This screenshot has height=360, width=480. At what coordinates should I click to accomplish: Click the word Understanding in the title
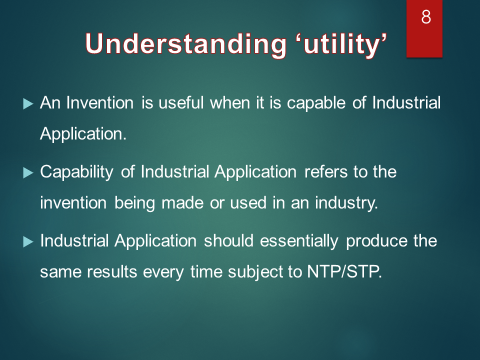pyautogui.click(x=186, y=44)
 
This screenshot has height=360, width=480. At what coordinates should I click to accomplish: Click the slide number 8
pyautogui.click(x=426, y=17)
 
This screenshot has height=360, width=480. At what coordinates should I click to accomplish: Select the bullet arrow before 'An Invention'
pyautogui.click(x=28, y=104)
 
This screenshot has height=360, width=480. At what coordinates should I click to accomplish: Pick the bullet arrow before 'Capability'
pyautogui.click(x=28, y=173)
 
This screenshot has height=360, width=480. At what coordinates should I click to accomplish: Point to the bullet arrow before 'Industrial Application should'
pyautogui.click(x=28, y=242)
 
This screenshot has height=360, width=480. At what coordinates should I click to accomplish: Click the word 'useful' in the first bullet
pyautogui.click(x=181, y=102)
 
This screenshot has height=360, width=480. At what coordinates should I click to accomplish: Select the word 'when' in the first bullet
pyautogui.click(x=230, y=102)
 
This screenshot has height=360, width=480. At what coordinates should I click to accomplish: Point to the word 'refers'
pyautogui.click(x=326, y=171)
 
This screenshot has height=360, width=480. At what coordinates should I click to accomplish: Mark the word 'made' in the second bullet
pyautogui.click(x=182, y=203)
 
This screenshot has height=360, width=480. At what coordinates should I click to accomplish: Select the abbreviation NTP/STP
pyautogui.click(x=344, y=271)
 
